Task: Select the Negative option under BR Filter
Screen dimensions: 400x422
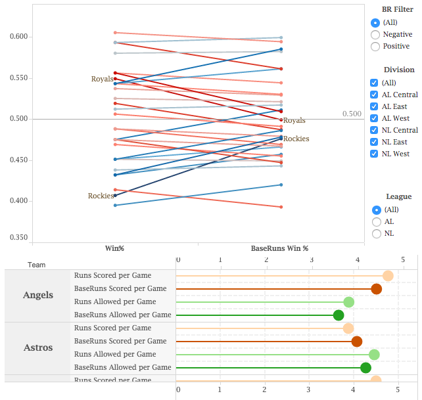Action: point(375,34)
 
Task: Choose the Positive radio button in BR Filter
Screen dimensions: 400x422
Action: point(375,46)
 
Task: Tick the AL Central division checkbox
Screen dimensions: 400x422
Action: point(374,95)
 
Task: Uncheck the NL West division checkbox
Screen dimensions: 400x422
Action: point(374,154)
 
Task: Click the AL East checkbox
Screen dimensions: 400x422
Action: point(374,106)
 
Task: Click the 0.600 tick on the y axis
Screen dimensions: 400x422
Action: point(19,36)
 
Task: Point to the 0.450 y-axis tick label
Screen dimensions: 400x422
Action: point(19,160)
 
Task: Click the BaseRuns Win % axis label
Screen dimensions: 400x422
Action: point(279,249)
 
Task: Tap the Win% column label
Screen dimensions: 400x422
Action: point(115,249)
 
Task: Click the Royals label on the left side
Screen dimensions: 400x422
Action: point(102,79)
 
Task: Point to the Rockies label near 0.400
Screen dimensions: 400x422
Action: point(101,196)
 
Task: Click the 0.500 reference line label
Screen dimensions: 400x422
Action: point(352,114)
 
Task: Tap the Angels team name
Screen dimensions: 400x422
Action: point(38,295)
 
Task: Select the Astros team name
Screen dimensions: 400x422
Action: point(38,347)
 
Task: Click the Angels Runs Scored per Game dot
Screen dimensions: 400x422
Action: point(388,276)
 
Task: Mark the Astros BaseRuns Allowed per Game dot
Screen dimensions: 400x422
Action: point(365,368)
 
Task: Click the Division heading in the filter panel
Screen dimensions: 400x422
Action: point(399,70)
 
